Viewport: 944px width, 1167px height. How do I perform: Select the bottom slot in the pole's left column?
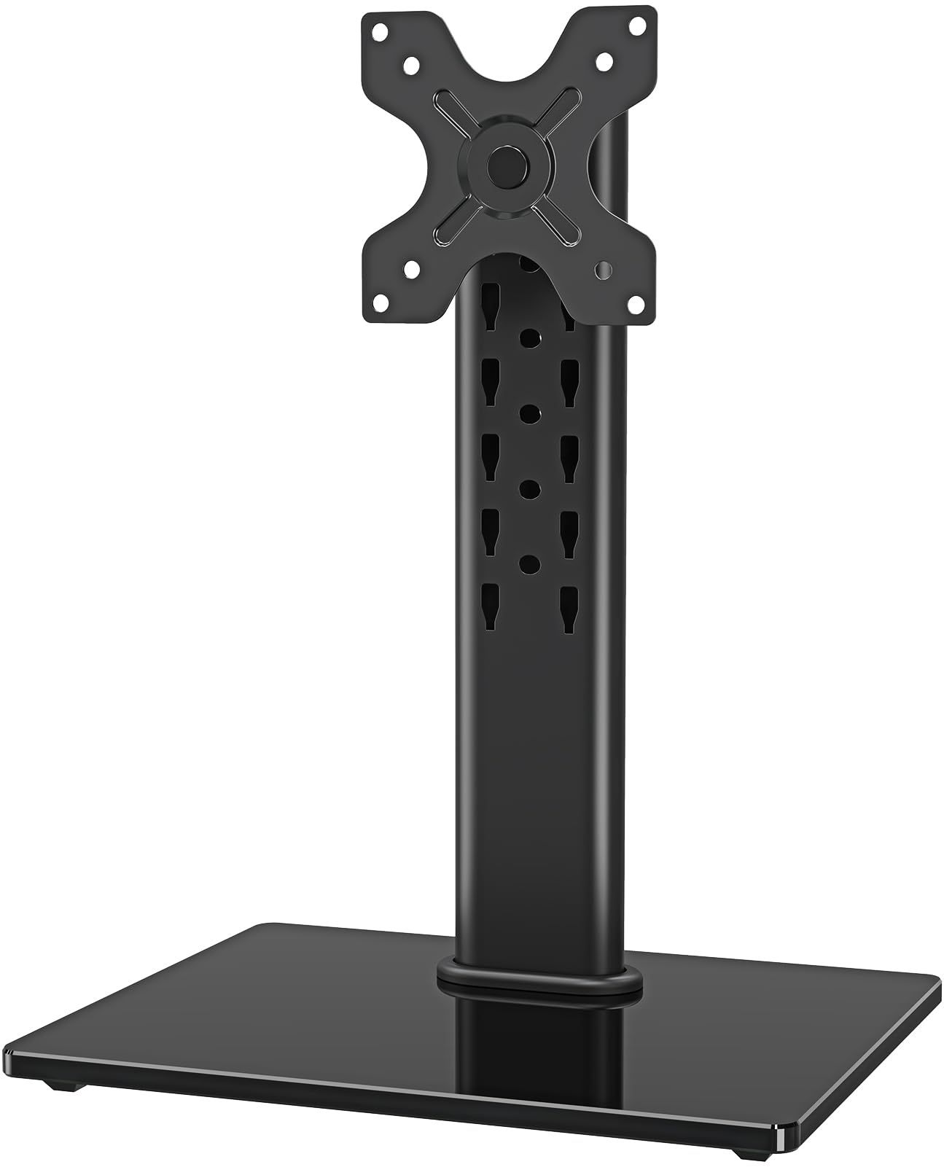[x=489, y=607]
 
